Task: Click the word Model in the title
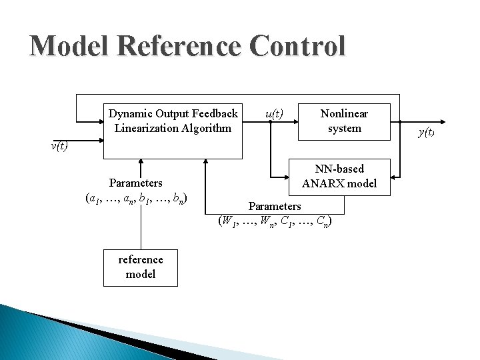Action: (69, 47)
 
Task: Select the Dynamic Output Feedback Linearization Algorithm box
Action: (173, 131)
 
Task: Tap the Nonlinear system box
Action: (344, 121)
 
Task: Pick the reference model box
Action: (140, 267)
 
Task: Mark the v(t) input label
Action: (59, 146)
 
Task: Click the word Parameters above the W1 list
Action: (275, 206)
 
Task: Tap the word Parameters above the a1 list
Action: (136, 183)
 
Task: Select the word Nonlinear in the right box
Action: (344, 114)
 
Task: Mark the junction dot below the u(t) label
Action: (270, 121)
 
